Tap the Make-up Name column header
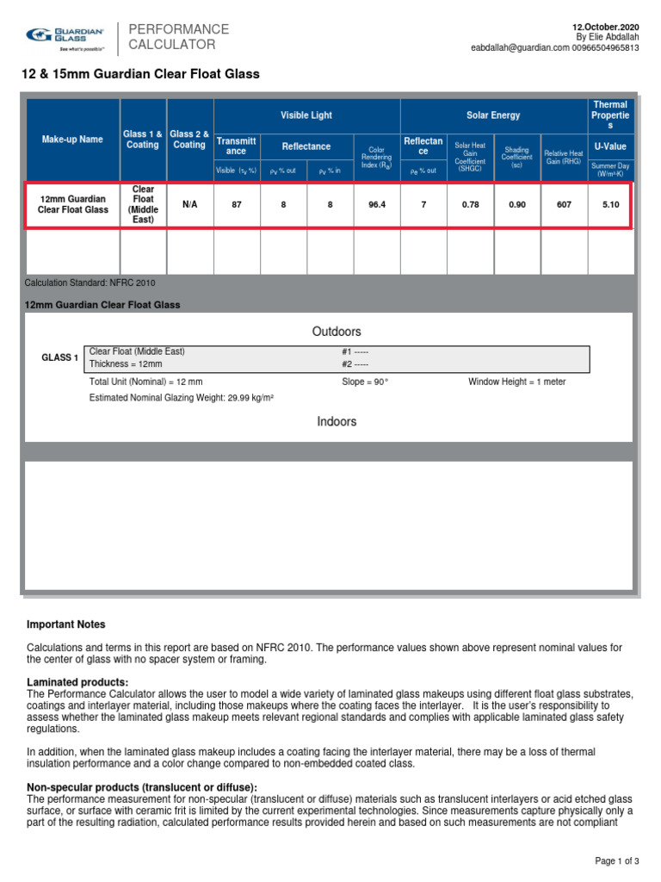coord(72,140)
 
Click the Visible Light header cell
coord(306,115)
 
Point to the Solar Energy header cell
coord(493,115)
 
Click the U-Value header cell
coord(610,146)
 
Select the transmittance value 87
coord(237,205)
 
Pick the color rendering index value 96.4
coord(377,205)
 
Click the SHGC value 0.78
coord(470,205)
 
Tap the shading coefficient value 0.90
coord(516,205)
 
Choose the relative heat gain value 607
coord(564,205)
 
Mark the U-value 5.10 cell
coord(610,205)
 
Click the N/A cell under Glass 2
coord(189,205)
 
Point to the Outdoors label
coord(337,332)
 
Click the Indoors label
coord(337,421)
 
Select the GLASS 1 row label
coord(60,357)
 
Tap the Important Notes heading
coord(66,624)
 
